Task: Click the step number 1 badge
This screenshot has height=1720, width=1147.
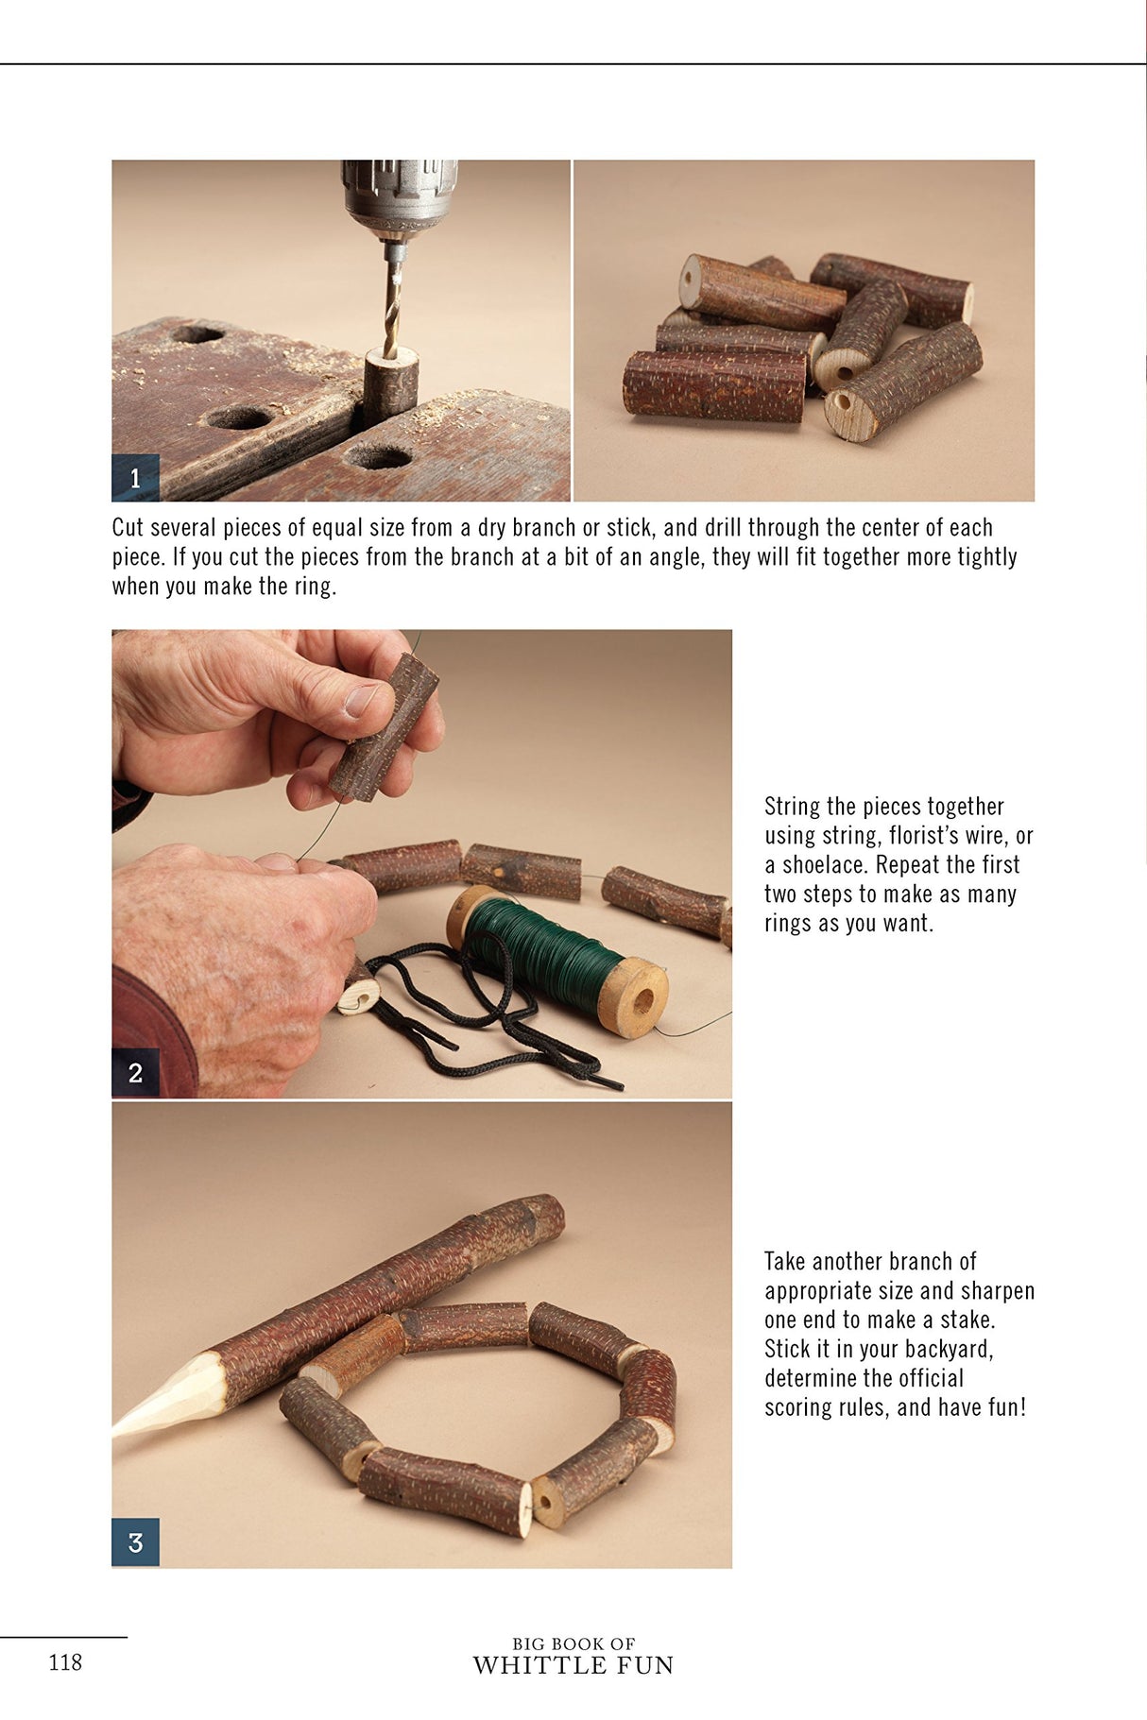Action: click(x=135, y=478)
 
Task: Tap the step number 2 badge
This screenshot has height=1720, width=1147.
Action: click(x=135, y=1073)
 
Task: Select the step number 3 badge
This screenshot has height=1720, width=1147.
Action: click(x=135, y=1542)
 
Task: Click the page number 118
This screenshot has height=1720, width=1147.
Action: click(x=65, y=1662)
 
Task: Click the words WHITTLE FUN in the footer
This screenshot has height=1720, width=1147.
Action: click(x=573, y=1666)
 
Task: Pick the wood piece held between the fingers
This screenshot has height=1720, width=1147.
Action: click(x=383, y=726)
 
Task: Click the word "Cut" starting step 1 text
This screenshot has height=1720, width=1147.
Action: click(x=128, y=528)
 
